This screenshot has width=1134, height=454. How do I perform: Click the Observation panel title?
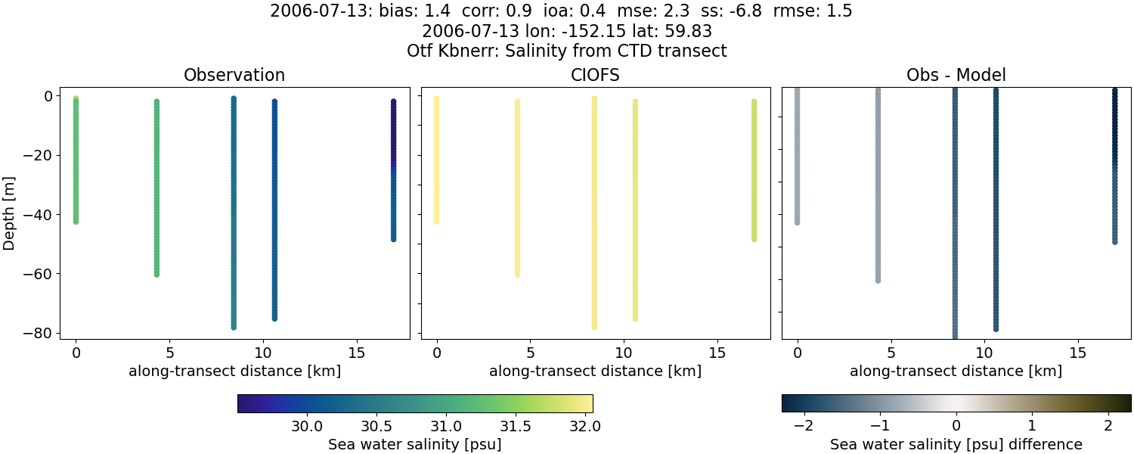coord(234,75)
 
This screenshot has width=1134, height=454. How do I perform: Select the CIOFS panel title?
coord(595,75)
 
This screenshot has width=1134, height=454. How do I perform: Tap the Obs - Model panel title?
coord(956,75)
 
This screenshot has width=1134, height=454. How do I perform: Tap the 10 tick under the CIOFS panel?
coord(624,353)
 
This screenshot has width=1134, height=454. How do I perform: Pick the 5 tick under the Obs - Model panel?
coord(891,353)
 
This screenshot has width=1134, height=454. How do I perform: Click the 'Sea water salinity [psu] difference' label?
coord(956,444)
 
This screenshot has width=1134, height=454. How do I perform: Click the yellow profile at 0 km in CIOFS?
coord(436,160)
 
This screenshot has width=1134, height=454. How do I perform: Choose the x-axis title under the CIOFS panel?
coord(595,372)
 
